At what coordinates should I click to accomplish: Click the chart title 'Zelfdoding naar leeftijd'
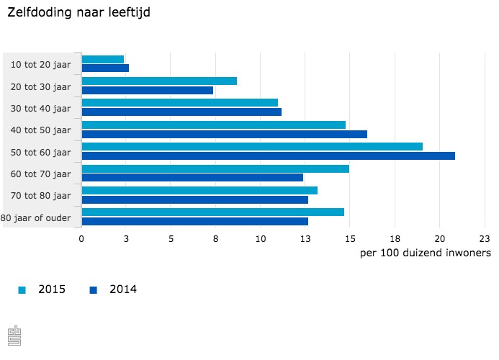79,12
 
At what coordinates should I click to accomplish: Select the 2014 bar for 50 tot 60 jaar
268,156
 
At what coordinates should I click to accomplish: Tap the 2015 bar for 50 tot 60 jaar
252,146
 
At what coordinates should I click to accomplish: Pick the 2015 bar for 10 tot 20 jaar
103,59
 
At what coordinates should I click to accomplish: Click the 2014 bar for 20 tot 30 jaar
148,90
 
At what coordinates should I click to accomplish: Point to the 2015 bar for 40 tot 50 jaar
214,125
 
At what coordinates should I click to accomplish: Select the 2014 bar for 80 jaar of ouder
195,221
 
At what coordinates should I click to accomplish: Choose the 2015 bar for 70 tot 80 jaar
199,190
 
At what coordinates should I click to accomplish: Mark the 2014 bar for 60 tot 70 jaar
192,177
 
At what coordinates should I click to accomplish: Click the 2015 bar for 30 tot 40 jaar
180,103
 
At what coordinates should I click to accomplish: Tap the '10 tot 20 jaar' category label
41,65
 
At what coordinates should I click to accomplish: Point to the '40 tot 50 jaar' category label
41,130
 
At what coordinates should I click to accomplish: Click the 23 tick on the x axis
484,238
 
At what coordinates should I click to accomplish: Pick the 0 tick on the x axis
81,238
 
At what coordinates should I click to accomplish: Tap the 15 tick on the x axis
349,238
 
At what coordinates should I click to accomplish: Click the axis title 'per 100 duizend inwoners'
425,253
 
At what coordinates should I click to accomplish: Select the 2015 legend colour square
22,290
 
